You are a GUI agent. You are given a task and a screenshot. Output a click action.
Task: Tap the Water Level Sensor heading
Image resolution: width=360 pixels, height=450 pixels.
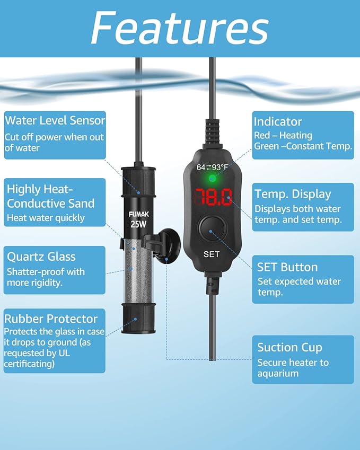coord(55,120)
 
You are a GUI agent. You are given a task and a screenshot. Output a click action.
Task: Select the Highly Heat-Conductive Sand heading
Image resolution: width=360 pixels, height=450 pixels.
coord(50,196)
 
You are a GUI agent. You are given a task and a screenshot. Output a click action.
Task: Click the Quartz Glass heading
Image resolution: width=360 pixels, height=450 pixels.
coord(41,257)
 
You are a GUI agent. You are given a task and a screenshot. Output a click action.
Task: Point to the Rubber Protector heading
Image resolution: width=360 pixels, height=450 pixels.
coord(51,319)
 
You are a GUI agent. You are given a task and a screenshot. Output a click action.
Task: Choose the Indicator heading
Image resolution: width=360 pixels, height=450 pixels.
coord(277,121)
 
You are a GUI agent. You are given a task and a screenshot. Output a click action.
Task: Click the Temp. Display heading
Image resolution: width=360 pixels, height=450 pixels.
coord(293,194)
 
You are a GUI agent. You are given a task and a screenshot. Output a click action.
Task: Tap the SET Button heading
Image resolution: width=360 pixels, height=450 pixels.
coord(287,267)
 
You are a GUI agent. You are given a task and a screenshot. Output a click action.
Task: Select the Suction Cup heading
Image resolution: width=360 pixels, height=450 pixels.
coord(289,347)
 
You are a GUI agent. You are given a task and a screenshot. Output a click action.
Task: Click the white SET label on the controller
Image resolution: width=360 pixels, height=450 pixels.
coord(212,254)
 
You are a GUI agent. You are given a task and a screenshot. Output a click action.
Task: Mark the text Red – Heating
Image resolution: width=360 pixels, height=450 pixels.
coord(283,136)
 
